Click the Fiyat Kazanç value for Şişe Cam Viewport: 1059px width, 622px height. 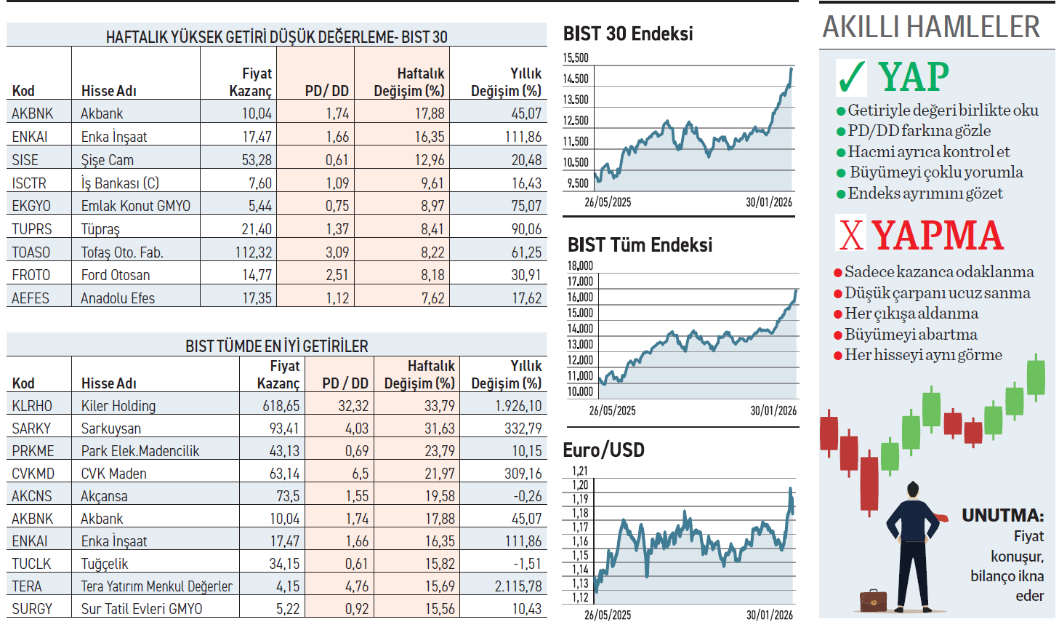(x=257, y=160)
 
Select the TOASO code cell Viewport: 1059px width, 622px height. (x=31, y=252)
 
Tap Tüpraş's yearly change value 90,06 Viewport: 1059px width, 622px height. (x=526, y=229)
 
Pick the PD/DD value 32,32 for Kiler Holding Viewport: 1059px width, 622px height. (x=353, y=406)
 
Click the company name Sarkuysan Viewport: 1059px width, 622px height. (x=111, y=428)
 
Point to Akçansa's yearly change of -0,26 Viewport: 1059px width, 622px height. (x=526, y=496)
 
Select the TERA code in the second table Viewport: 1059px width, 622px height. (x=27, y=586)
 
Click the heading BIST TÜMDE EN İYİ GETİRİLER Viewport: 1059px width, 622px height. (x=276, y=346)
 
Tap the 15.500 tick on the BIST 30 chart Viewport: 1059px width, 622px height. (x=576, y=58)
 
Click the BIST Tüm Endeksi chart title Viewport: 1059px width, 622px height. (x=640, y=245)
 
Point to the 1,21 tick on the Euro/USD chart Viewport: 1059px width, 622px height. (x=579, y=471)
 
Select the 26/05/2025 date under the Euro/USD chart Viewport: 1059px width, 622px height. (x=608, y=615)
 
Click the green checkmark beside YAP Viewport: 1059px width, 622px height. (x=851, y=77)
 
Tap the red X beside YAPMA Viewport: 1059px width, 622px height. (x=851, y=235)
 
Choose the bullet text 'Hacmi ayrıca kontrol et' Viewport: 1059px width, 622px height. (x=928, y=152)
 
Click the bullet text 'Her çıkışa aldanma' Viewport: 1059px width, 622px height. (x=911, y=314)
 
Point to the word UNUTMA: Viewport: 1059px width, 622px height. (x=1002, y=516)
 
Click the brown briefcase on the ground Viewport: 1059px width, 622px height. (x=873, y=601)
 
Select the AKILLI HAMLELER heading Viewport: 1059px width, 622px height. (x=931, y=28)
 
